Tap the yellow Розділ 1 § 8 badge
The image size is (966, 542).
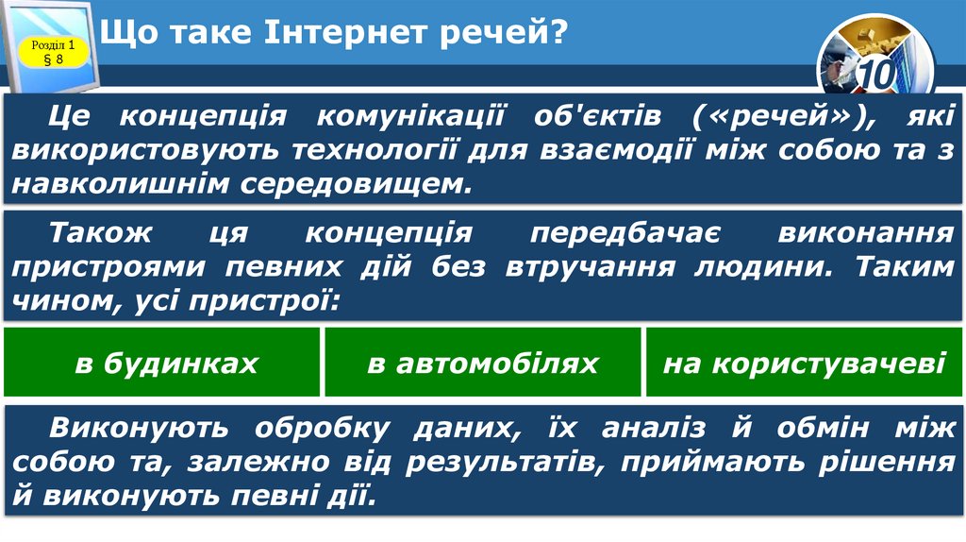click(x=54, y=52)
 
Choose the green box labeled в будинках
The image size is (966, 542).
click(x=166, y=364)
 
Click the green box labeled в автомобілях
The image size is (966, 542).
click(x=483, y=364)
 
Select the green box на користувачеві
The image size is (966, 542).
click(x=804, y=364)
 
